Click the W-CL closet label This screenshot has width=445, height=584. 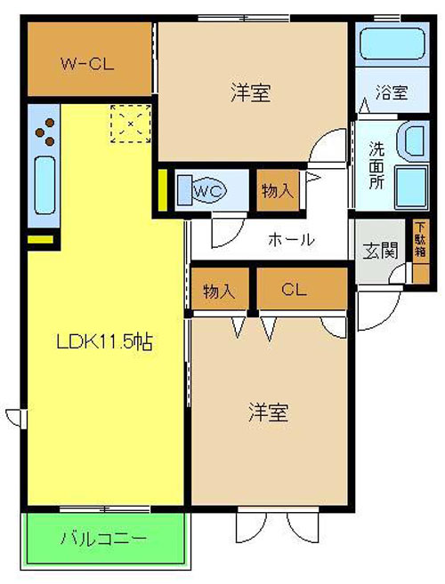pyautogui.click(x=87, y=64)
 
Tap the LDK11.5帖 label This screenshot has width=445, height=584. pyautogui.click(x=104, y=341)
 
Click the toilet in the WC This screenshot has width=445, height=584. pyautogui.click(x=201, y=191)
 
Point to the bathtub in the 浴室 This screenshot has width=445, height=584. pyautogui.click(x=392, y=43)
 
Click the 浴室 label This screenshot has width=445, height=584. pyautogui.click(x=392, y=92)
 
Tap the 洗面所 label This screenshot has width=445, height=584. pyautogui.click(x=376, y=165)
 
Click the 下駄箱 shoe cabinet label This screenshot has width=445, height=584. pyautogui.click(x=420, y=239)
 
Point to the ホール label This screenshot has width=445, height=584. pyautogui.click(x=291, y=239)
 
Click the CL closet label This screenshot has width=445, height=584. pyautogui.click(x=295, y=289)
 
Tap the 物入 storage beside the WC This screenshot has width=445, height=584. pyautogui.click(x=278, y=191)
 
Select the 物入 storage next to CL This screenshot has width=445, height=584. pyautogui.click(x=220, y=288)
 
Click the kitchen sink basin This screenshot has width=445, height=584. pyautogui.click(x=45, y=185)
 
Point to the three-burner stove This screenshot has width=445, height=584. pyautogui.click(x=45, y=132)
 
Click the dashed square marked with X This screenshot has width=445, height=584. pyautogui.click(x=131, y=124)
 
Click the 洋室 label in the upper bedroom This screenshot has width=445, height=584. pyautogui.click(x=251, y=92)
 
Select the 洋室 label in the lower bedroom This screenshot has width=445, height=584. pyautogui.click(x=268, y=412)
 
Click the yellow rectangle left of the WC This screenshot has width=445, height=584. pyautogui.click(x=163, y=190)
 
